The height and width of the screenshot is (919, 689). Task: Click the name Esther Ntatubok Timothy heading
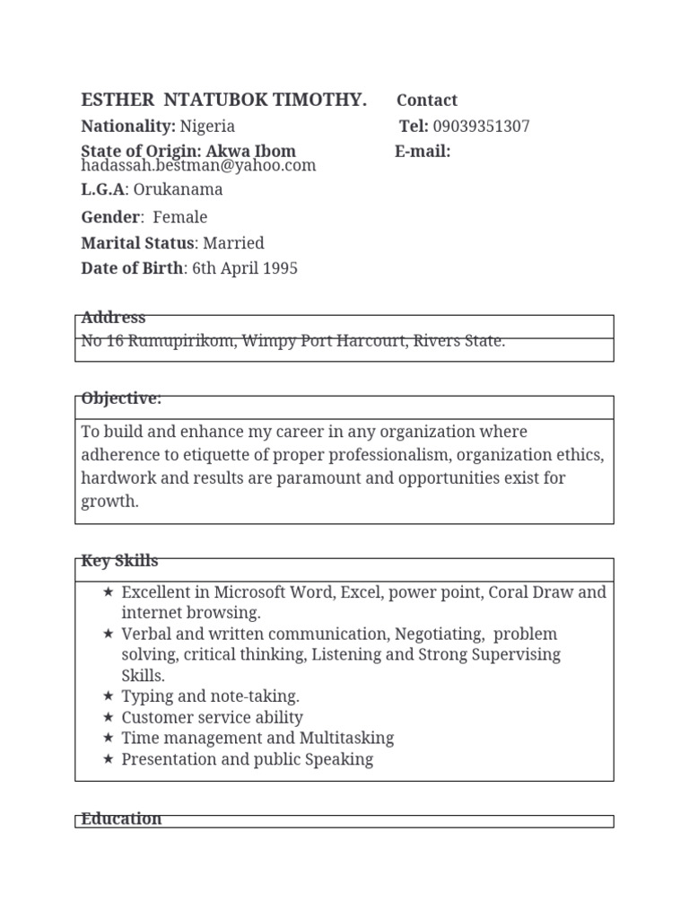point(223,101)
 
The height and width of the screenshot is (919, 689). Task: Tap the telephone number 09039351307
point(481,127)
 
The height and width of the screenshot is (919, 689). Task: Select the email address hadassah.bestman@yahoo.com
point(198,166)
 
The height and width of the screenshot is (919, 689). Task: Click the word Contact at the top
point(426,101)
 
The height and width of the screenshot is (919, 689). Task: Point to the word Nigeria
point(207,127)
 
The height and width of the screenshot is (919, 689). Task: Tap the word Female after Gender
point(179,217)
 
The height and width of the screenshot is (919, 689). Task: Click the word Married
point(233,243)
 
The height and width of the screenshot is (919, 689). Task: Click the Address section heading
point(113,318)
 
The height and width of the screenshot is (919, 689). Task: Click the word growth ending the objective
point(109,502)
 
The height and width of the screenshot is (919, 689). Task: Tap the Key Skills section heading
point(119,562)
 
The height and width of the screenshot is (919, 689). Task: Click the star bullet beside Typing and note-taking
point(108,696)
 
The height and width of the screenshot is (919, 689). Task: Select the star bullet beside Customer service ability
point(108,717)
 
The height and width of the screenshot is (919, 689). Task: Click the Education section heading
point(121,818)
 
